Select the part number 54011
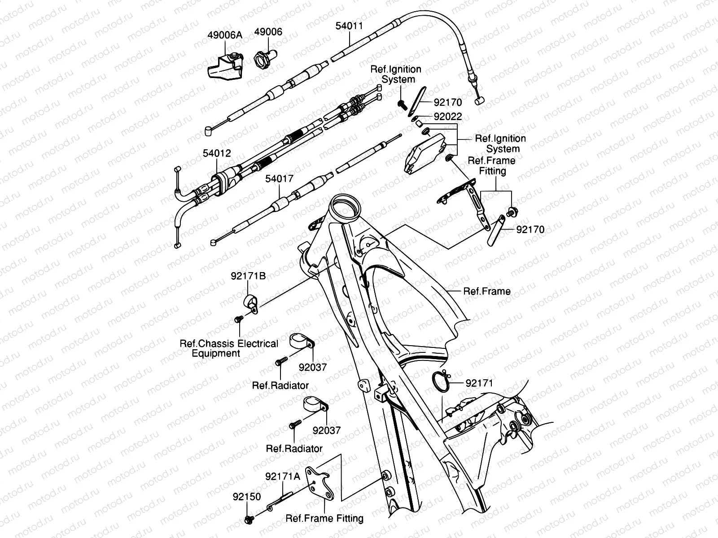click(x=349, y=26)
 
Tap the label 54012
click(x=217, y=153)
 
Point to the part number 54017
click(x=279, y=178)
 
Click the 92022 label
click(x=448, y=117)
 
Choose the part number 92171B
click(x=248, y=276)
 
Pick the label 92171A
click(x=282, y=477)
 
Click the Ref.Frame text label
click(x=487, y=291)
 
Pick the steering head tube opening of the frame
click(x=344, y=207)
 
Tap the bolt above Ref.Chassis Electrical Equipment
click(x=238, y=319)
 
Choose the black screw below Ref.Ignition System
click(x=401, y=104)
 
